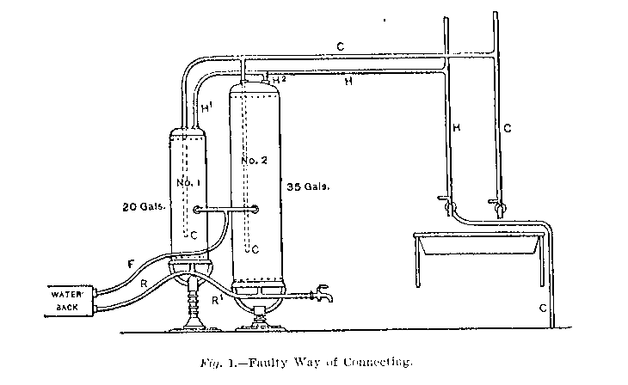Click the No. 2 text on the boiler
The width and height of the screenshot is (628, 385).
tap(249, 160)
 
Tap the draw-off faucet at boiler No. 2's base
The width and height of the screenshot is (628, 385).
tap(323, 293)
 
